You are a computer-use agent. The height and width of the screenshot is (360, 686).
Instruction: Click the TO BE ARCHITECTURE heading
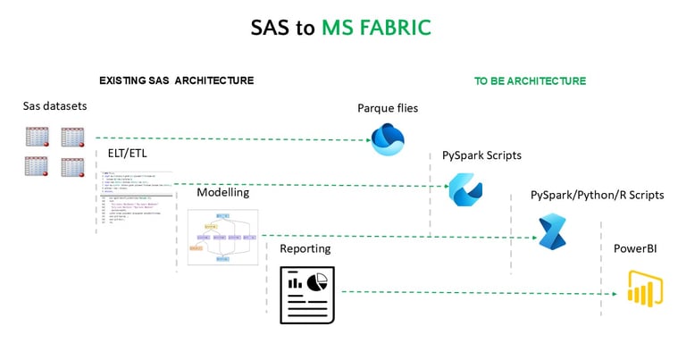point(530,81)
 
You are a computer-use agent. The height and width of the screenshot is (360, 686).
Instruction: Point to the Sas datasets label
point(54,107)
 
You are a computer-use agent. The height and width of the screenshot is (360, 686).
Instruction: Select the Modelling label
point(223,192)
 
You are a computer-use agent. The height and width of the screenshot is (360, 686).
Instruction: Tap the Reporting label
point(305,248)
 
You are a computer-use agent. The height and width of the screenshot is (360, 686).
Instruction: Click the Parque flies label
point(388,108)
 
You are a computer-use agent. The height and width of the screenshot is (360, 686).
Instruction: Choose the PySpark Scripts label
point(481,155)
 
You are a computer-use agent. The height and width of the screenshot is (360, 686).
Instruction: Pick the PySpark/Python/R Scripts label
point(597,195)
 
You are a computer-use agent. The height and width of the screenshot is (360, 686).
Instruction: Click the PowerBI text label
point(635,248)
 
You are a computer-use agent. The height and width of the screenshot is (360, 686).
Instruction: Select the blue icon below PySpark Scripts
point(464,188)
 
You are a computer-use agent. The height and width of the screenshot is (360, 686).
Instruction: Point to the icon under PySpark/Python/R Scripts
point(551,232)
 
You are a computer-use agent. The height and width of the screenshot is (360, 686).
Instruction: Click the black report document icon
point(306,295)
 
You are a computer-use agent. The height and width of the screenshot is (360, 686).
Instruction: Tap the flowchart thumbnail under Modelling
point(222,237)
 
